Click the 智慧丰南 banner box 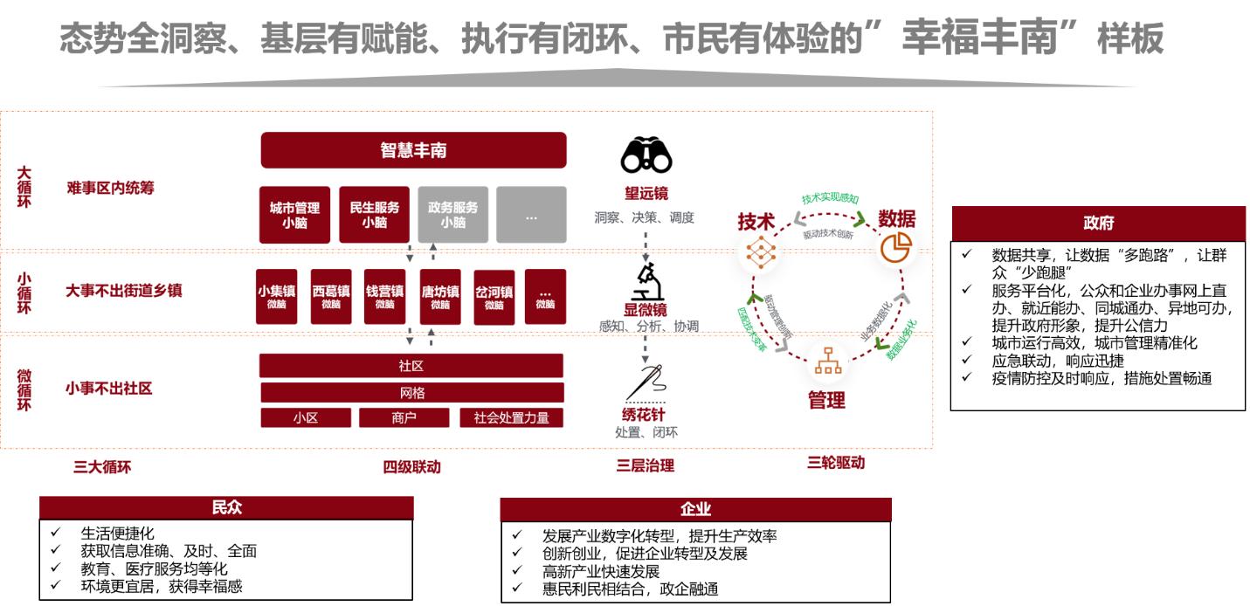coord(413,150)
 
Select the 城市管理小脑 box coord(294,215)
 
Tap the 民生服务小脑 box coord(374,215)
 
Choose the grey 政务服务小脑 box coord(452,215)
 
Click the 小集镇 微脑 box coord(277,297)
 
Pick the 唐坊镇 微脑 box coord(439,297)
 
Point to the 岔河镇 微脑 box coord(494,297)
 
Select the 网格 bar coord(411,393)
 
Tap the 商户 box coord(404,418)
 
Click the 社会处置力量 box coord(511,418)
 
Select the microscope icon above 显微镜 coord(646,282)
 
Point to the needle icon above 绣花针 coord(645,382)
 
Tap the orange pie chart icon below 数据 coord(895,248)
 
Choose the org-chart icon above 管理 coord(826,362)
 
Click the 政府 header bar coord(1097,224)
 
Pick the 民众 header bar coord(226,508)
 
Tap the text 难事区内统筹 coord(110,188)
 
